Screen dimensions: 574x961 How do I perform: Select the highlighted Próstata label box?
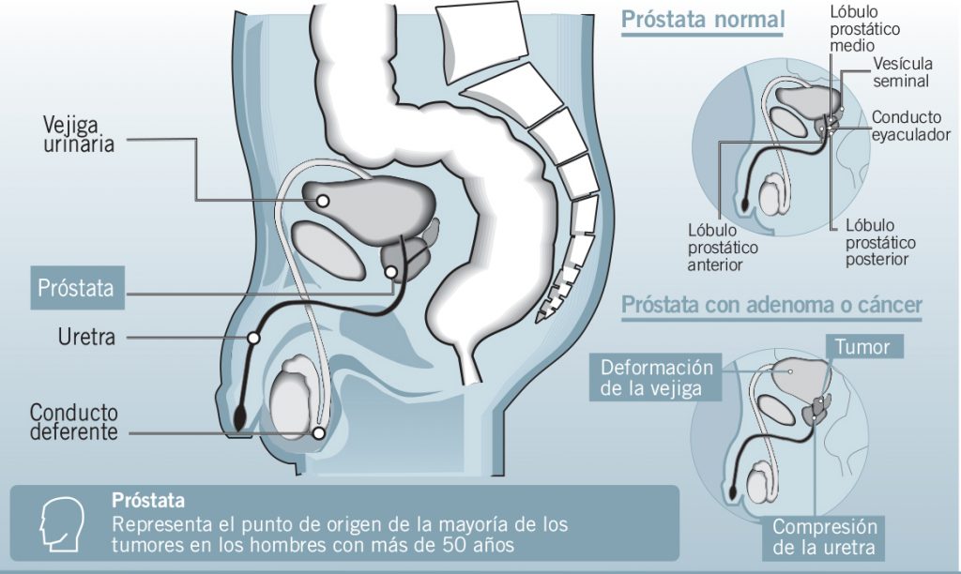tap(77, 288)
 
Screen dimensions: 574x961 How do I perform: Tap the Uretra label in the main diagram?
tap(84, 336)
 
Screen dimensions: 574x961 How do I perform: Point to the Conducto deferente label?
tap(74, 423)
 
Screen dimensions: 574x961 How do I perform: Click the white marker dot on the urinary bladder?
tap(322, 200)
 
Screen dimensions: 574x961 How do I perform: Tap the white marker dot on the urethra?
tap(253, 337)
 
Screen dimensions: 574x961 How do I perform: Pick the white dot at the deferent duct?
tap(319, 433)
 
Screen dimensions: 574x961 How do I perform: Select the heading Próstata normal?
tap(703, 20)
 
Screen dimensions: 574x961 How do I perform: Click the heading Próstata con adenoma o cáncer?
tap(770, 305)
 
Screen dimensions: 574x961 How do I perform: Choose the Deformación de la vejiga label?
tap(657, 377)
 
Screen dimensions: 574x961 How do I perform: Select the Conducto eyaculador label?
tap(910, 126)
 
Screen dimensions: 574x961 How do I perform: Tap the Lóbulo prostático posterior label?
tap(879, 242)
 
